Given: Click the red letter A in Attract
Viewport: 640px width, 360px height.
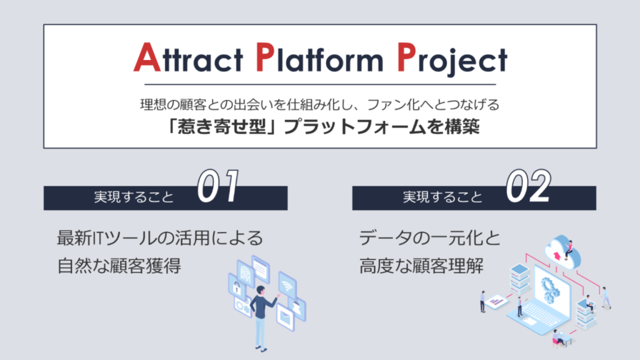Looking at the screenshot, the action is coord(147,57).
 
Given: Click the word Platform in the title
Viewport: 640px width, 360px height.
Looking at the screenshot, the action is coord(319,57).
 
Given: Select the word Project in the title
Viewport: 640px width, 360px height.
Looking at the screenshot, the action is coord(452,59).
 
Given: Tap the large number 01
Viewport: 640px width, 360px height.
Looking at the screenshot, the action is coord(218,186).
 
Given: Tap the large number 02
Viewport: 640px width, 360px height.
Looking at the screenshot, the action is coord(529,186).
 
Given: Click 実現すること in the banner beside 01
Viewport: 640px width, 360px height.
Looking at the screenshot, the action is coord(134,197).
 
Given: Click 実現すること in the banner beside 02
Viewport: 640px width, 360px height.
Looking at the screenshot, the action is coord(443,197).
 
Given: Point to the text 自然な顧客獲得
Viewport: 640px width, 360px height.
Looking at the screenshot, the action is coord(119,265).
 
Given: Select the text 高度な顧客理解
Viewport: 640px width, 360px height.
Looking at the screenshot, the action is coord(421,265).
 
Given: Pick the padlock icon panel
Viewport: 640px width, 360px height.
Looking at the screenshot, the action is coord(236,287).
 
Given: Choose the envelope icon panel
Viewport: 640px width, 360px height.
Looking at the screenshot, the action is coord(285,317).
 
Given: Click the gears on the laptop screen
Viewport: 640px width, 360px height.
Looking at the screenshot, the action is coord(550,288).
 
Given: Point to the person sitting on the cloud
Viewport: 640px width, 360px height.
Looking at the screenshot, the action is coord(569,250).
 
